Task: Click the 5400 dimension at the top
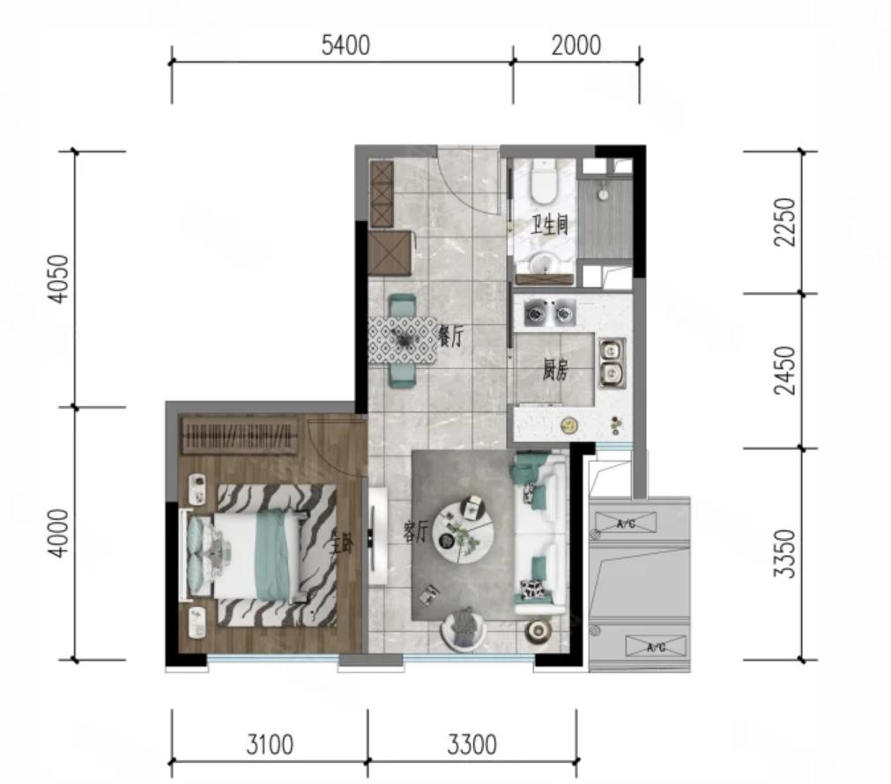345,46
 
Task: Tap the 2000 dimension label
576,46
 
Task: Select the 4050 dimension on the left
58,279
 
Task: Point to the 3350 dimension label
784,553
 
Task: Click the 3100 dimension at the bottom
270,744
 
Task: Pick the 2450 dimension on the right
784,370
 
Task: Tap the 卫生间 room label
549,226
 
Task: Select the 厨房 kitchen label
554,372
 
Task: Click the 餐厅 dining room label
452,337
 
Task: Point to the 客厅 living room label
416,534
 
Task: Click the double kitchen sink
612,363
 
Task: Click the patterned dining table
403,339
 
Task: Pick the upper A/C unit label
626,523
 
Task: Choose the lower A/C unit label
656,647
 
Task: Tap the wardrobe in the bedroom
240,435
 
